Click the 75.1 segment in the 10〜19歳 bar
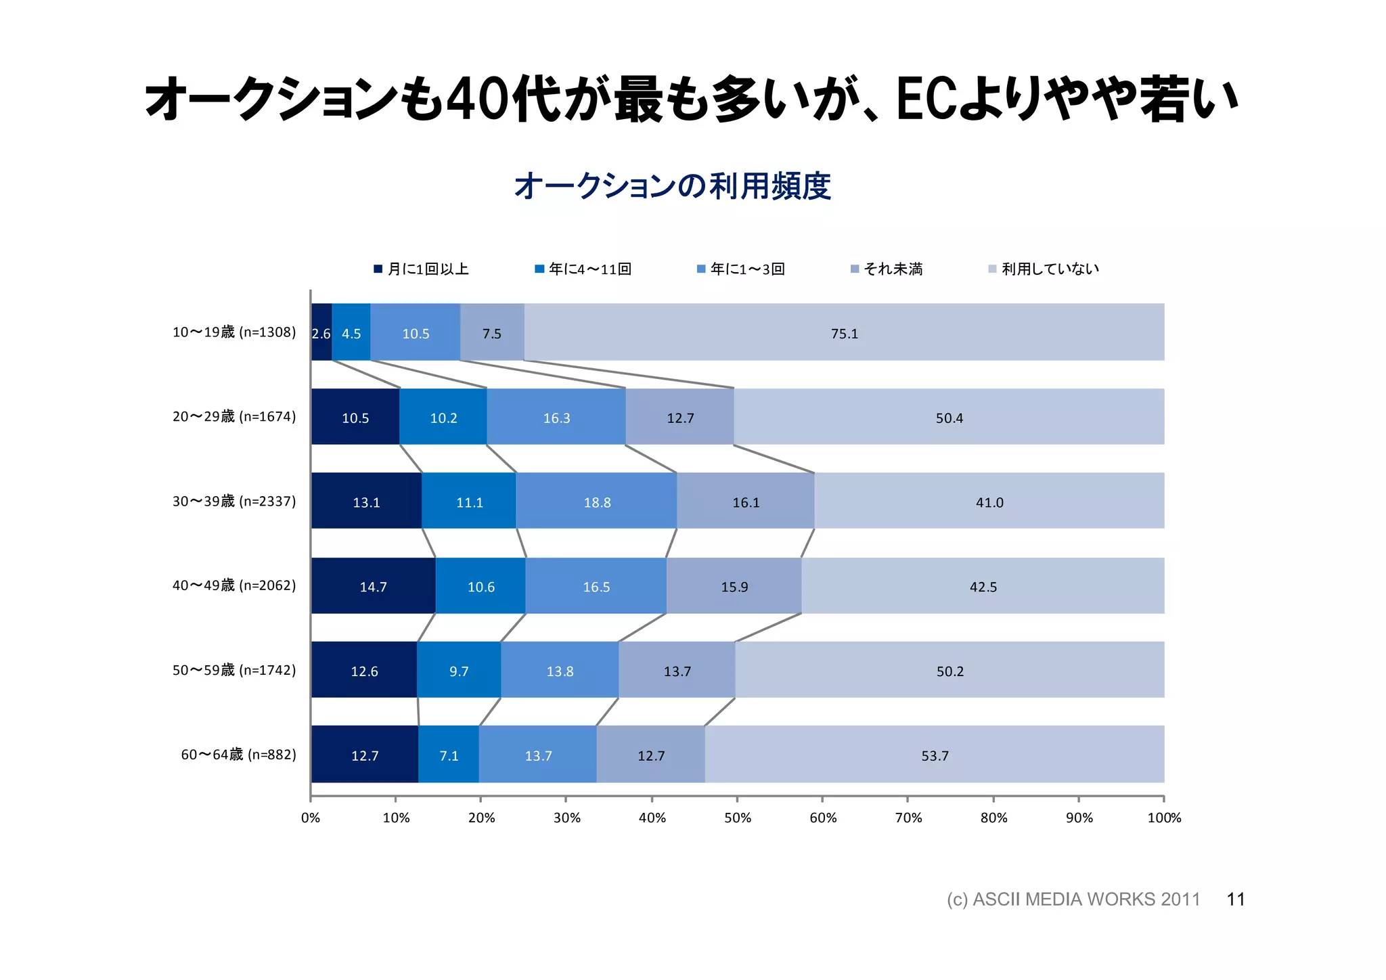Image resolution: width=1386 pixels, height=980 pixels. click(x=844, y=333)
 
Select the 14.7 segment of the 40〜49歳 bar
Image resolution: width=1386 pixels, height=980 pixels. click(x=373, y=586)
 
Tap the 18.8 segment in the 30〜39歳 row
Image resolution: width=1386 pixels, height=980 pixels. click(x=597, y=502)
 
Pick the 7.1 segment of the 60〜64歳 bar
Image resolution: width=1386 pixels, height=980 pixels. click(x=449, y=755)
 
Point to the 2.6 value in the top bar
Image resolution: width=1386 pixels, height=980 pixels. click(x=321, y=333)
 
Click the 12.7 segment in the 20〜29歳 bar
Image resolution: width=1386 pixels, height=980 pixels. click(x=680, y=418)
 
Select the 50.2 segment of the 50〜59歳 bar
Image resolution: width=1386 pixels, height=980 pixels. click(x=949, y=671)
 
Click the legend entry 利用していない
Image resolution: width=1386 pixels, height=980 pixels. click(x=1050, y=269)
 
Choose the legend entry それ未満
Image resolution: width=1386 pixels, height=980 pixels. click(x=893, y=269)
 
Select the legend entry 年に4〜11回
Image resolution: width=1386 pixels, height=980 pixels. click(x=589, y=269)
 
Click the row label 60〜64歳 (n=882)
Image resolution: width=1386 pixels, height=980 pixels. click(x=238, y=754)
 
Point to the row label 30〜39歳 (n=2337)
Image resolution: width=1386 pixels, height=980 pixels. click(x=234, y=501)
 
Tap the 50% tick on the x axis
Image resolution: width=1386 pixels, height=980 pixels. click(x=738, y=817)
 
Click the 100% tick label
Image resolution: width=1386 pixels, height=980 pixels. click(x=1164, y=817)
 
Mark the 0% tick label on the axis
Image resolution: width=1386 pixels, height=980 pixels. click(x=311, y=817)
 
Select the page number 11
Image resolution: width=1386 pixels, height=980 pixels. click(x=1236, y=899)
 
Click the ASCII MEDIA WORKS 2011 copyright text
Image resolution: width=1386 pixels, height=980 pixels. click(x=1073, y=899)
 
